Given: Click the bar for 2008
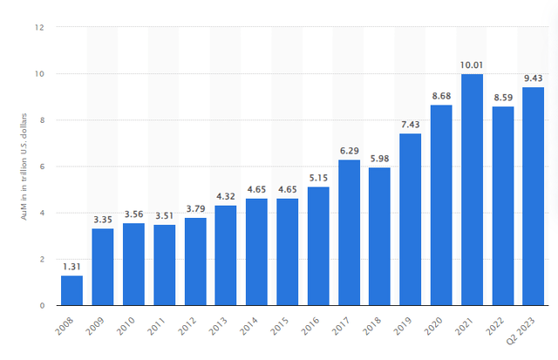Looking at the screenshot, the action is click(71, 290).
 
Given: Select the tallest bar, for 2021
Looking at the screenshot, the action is click(472, 190).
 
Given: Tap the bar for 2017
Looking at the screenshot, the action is click(349, 233).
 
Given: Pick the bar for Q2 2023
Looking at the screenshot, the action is click(533, 196).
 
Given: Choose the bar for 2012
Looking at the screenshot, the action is click(195, 262).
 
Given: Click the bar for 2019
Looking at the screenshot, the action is click(411, 220).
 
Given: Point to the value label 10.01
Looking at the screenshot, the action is click(472, 65).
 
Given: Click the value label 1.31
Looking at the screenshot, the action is click(71, 267).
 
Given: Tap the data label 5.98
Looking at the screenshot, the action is click(380, 159).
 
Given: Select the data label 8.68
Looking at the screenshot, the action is click(441, 96).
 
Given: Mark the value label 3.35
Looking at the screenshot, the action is click(103, 220).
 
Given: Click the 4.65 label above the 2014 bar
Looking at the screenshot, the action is click(256, 190).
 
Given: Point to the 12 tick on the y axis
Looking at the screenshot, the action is click(39, 27).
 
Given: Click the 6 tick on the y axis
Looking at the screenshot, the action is click(42, 166).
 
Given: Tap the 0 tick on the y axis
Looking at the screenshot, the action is click(42, 306).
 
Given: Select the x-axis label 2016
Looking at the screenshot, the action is click(310, 326).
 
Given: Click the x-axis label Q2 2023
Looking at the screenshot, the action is click(521, 330).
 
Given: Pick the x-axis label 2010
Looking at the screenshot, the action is click(126, 326).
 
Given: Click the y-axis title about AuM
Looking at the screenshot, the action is click(24, 166).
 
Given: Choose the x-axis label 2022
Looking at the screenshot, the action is click(494, 326).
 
